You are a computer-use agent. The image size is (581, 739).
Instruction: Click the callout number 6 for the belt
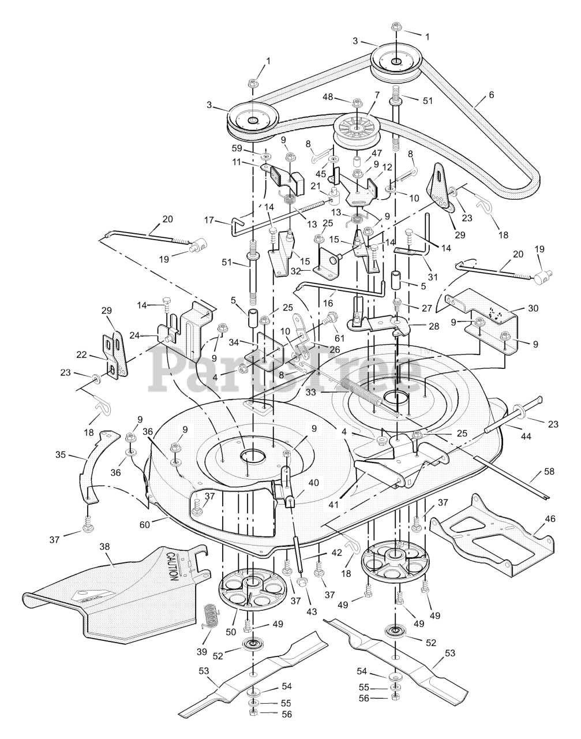(492, 95)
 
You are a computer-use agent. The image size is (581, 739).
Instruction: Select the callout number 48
(328, 97)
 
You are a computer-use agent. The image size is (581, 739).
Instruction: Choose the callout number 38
(104, 546)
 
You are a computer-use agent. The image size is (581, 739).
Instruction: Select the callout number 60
(145, 525)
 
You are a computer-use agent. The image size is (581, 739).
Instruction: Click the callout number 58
(549, 472)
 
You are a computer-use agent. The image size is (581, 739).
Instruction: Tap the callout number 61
(339, 338)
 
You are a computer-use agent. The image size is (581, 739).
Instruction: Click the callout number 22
(82, 354)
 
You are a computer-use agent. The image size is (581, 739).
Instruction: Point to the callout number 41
(333, 505)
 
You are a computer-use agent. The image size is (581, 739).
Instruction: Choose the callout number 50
(231, 632)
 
